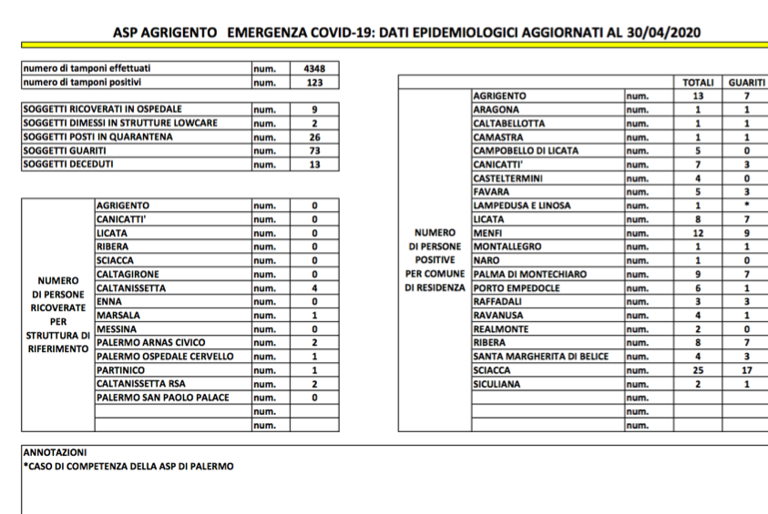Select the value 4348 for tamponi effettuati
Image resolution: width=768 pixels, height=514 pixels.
pos(314,68)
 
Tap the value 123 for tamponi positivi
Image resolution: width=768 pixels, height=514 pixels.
pos(314,82)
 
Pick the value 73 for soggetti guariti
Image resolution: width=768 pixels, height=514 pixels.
pos(314,151)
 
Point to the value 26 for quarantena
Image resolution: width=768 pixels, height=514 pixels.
pos(314,137)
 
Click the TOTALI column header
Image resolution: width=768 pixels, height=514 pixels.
pos(698,82)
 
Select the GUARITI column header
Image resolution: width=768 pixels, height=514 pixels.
pos(746,82)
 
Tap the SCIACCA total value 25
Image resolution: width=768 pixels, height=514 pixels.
pos(698,370)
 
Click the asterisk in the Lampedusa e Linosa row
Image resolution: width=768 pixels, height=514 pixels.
pos(746,206)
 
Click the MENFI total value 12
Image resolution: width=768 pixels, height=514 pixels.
pos(698,233)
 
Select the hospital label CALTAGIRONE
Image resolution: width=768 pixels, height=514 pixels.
pos(128,274)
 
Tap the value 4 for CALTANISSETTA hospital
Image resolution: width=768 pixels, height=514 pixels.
pos(314,288)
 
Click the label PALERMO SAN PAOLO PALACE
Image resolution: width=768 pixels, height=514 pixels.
pos(162,398)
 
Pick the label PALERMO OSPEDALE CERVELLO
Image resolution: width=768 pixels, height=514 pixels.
pos(165,357)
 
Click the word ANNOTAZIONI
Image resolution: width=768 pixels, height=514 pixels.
pos(55,453)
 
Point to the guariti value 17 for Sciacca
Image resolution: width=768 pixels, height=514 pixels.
pos(746,370)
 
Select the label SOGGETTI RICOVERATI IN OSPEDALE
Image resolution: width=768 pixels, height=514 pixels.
pos(102,109)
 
